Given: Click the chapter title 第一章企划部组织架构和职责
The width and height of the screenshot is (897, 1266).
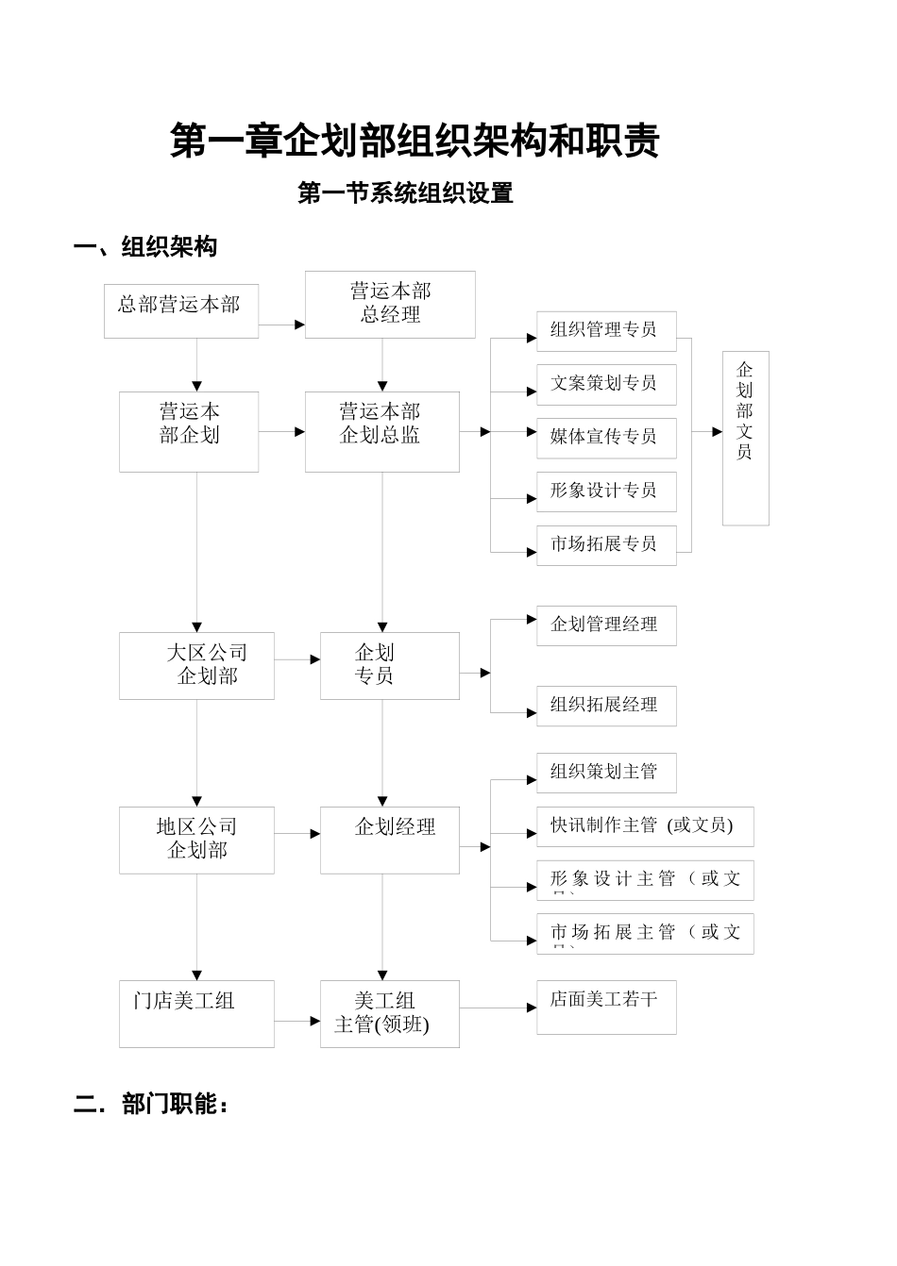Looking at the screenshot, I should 415,141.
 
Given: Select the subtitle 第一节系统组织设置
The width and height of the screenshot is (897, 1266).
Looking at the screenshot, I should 405,193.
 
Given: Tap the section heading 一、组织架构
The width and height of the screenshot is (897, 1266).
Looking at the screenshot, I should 145,247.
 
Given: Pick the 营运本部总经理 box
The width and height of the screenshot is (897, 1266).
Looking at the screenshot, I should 390,304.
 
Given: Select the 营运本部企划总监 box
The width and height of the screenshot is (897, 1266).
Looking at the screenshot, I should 381,431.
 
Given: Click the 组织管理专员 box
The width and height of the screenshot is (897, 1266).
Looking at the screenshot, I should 606,331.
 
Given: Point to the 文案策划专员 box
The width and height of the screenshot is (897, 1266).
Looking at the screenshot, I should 606,384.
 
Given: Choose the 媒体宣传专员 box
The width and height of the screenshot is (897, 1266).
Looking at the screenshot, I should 606,438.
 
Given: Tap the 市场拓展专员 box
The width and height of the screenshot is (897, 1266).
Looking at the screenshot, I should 606,545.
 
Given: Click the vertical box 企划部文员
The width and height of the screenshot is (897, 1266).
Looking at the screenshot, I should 745,438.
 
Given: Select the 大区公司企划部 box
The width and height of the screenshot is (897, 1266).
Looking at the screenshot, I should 196,665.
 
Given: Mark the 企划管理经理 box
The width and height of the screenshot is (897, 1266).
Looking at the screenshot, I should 606,625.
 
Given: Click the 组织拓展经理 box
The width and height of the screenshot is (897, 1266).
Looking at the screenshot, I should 606,706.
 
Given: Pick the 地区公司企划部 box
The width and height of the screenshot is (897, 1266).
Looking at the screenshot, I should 196,840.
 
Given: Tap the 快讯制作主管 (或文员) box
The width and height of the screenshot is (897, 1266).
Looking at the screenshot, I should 645,826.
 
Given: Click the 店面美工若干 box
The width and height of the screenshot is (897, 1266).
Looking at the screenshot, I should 606,1007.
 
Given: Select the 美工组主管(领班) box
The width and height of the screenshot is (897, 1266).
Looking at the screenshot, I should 389,1013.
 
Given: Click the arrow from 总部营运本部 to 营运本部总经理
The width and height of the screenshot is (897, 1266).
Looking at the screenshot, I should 281,325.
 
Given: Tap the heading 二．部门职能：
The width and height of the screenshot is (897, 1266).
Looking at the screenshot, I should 151,1104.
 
